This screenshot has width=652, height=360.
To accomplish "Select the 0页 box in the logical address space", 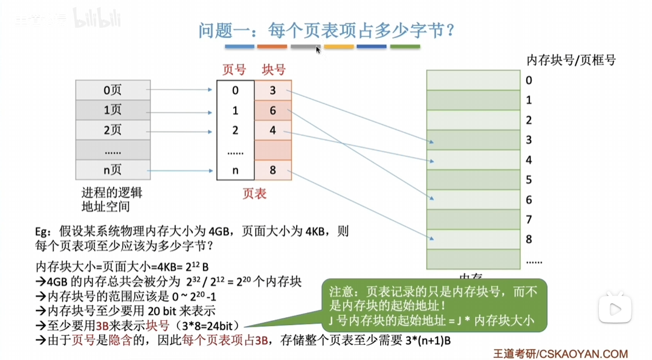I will pos(112,91).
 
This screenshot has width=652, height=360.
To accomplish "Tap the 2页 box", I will pos(112,130).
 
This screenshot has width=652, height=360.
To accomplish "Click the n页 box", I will pos(112,170).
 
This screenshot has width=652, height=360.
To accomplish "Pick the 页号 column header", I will pos(234,69).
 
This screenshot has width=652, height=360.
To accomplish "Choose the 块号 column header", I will pos(273,69).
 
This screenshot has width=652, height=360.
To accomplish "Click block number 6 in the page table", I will pos(273,111).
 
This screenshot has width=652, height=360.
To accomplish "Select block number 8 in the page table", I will pos(273,170).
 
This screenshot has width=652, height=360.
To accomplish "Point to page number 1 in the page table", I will pos(235,111).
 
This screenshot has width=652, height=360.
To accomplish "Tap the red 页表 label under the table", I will pos(254,194).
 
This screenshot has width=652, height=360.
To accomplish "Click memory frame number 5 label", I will pos(529,179).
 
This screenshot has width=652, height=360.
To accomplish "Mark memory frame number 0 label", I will pos(529,80).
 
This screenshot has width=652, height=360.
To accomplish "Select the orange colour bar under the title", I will pos(272,47).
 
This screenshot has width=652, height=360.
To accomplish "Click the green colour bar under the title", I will pos(405,47).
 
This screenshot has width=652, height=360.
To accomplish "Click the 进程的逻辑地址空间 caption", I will pos(111,199).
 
